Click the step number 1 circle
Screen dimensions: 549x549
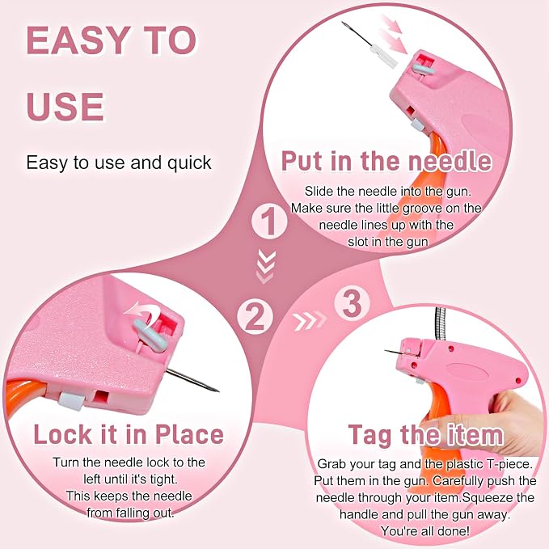coord(269,222)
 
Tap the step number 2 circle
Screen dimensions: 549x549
coord(255,317)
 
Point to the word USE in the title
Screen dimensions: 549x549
coord(65,107)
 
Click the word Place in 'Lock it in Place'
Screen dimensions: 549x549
coord(189,435)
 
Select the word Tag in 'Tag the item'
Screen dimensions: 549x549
coord(370,436)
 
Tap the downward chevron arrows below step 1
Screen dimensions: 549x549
coord(265,267)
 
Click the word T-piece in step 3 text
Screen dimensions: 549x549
coord(509,464)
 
